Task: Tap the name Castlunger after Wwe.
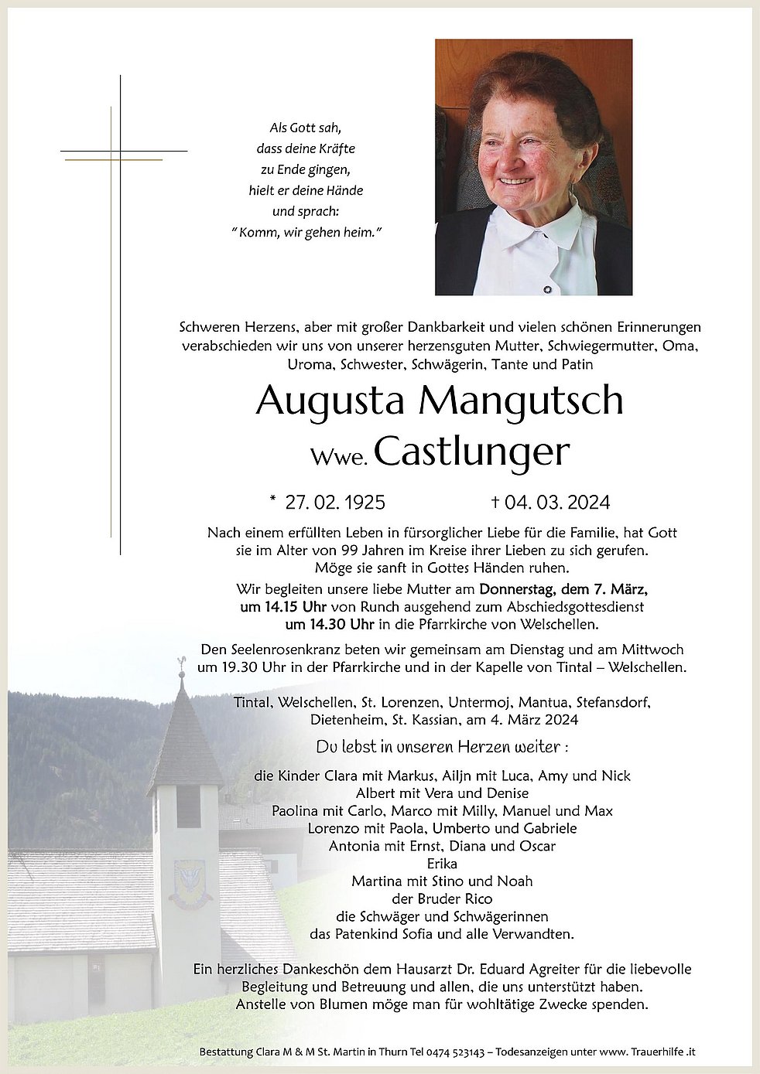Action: [x=471, y=452]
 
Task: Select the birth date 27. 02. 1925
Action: [x=334, y=503]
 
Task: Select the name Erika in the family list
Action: [x=441, y=863]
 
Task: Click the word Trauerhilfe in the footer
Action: [x=655, y=1052]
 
